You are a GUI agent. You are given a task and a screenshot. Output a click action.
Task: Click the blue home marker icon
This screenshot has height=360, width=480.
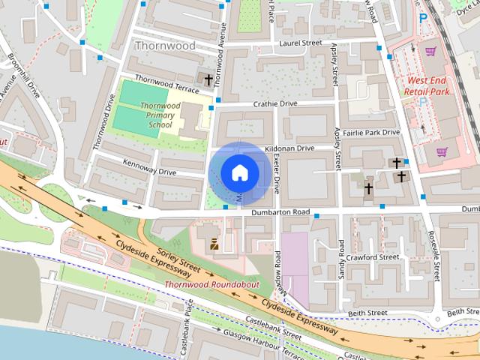tap(238, 172)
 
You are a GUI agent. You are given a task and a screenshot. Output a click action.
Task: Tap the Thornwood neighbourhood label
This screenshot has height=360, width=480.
tap(164, 46)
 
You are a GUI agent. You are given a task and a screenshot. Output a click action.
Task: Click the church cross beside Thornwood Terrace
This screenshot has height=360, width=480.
tap(208, 79)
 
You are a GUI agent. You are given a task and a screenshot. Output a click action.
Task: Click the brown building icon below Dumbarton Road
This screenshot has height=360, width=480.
tap(214, 244)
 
